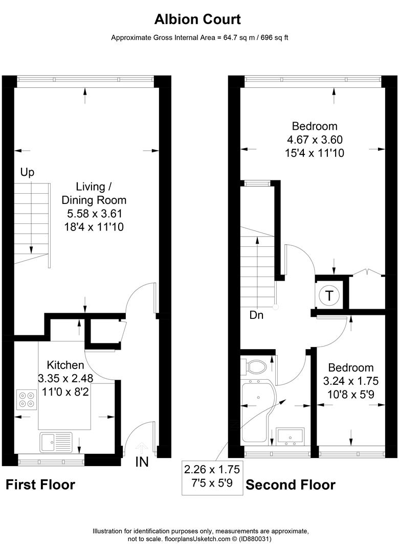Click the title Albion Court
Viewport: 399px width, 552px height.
[197, 19]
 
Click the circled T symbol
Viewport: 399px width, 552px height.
[329, 295]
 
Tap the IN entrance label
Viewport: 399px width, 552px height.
[142, 462]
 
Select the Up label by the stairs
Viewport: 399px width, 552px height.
[27, 173]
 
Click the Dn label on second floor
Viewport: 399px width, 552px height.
[256, 315]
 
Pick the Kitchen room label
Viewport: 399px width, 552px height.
[65, 365]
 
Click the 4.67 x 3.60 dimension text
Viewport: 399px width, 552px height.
[315, 139]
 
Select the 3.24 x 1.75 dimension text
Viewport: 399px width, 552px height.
[350, 381]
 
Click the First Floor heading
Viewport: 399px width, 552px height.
[40, 485]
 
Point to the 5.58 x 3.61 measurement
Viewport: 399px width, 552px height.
[94, 213]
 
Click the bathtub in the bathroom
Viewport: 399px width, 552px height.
[256, 414]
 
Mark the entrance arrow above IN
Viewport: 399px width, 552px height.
[141, 448]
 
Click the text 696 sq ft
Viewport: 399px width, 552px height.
[272, 37]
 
